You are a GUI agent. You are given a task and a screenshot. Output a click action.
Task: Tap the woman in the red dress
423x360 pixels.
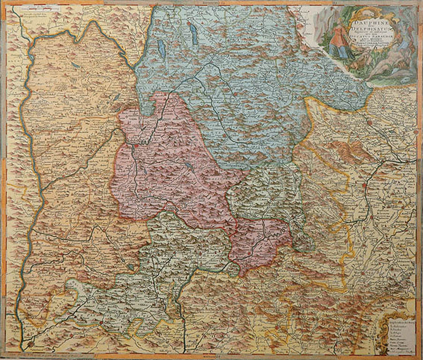[x=338, y=39]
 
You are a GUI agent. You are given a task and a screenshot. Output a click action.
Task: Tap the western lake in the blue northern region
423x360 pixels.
[x=161, y=47]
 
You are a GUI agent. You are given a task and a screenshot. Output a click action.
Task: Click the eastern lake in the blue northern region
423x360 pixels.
[x=194, y=34]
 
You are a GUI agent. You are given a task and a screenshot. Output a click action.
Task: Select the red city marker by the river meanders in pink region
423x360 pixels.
[x=136, y=146]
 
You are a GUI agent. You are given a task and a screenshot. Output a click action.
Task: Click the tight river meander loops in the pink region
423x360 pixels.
[x=146, y=137]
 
